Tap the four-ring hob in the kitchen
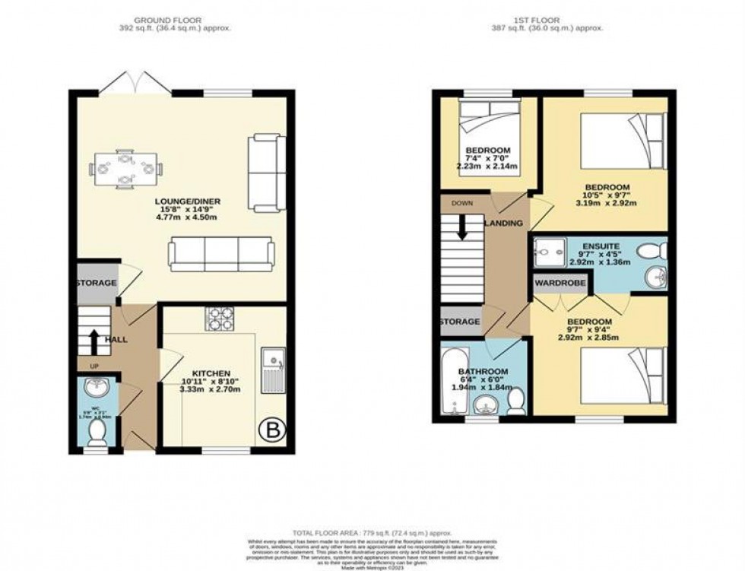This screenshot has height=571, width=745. tap(220, 319)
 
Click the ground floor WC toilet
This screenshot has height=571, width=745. tap(97, 433)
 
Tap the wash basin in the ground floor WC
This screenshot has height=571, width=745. tap(97, 391)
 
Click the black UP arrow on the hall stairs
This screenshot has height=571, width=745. tap(94, 341)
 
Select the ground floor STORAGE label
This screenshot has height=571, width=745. tap(96, 283)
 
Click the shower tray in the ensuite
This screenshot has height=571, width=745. tap(549, 250)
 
